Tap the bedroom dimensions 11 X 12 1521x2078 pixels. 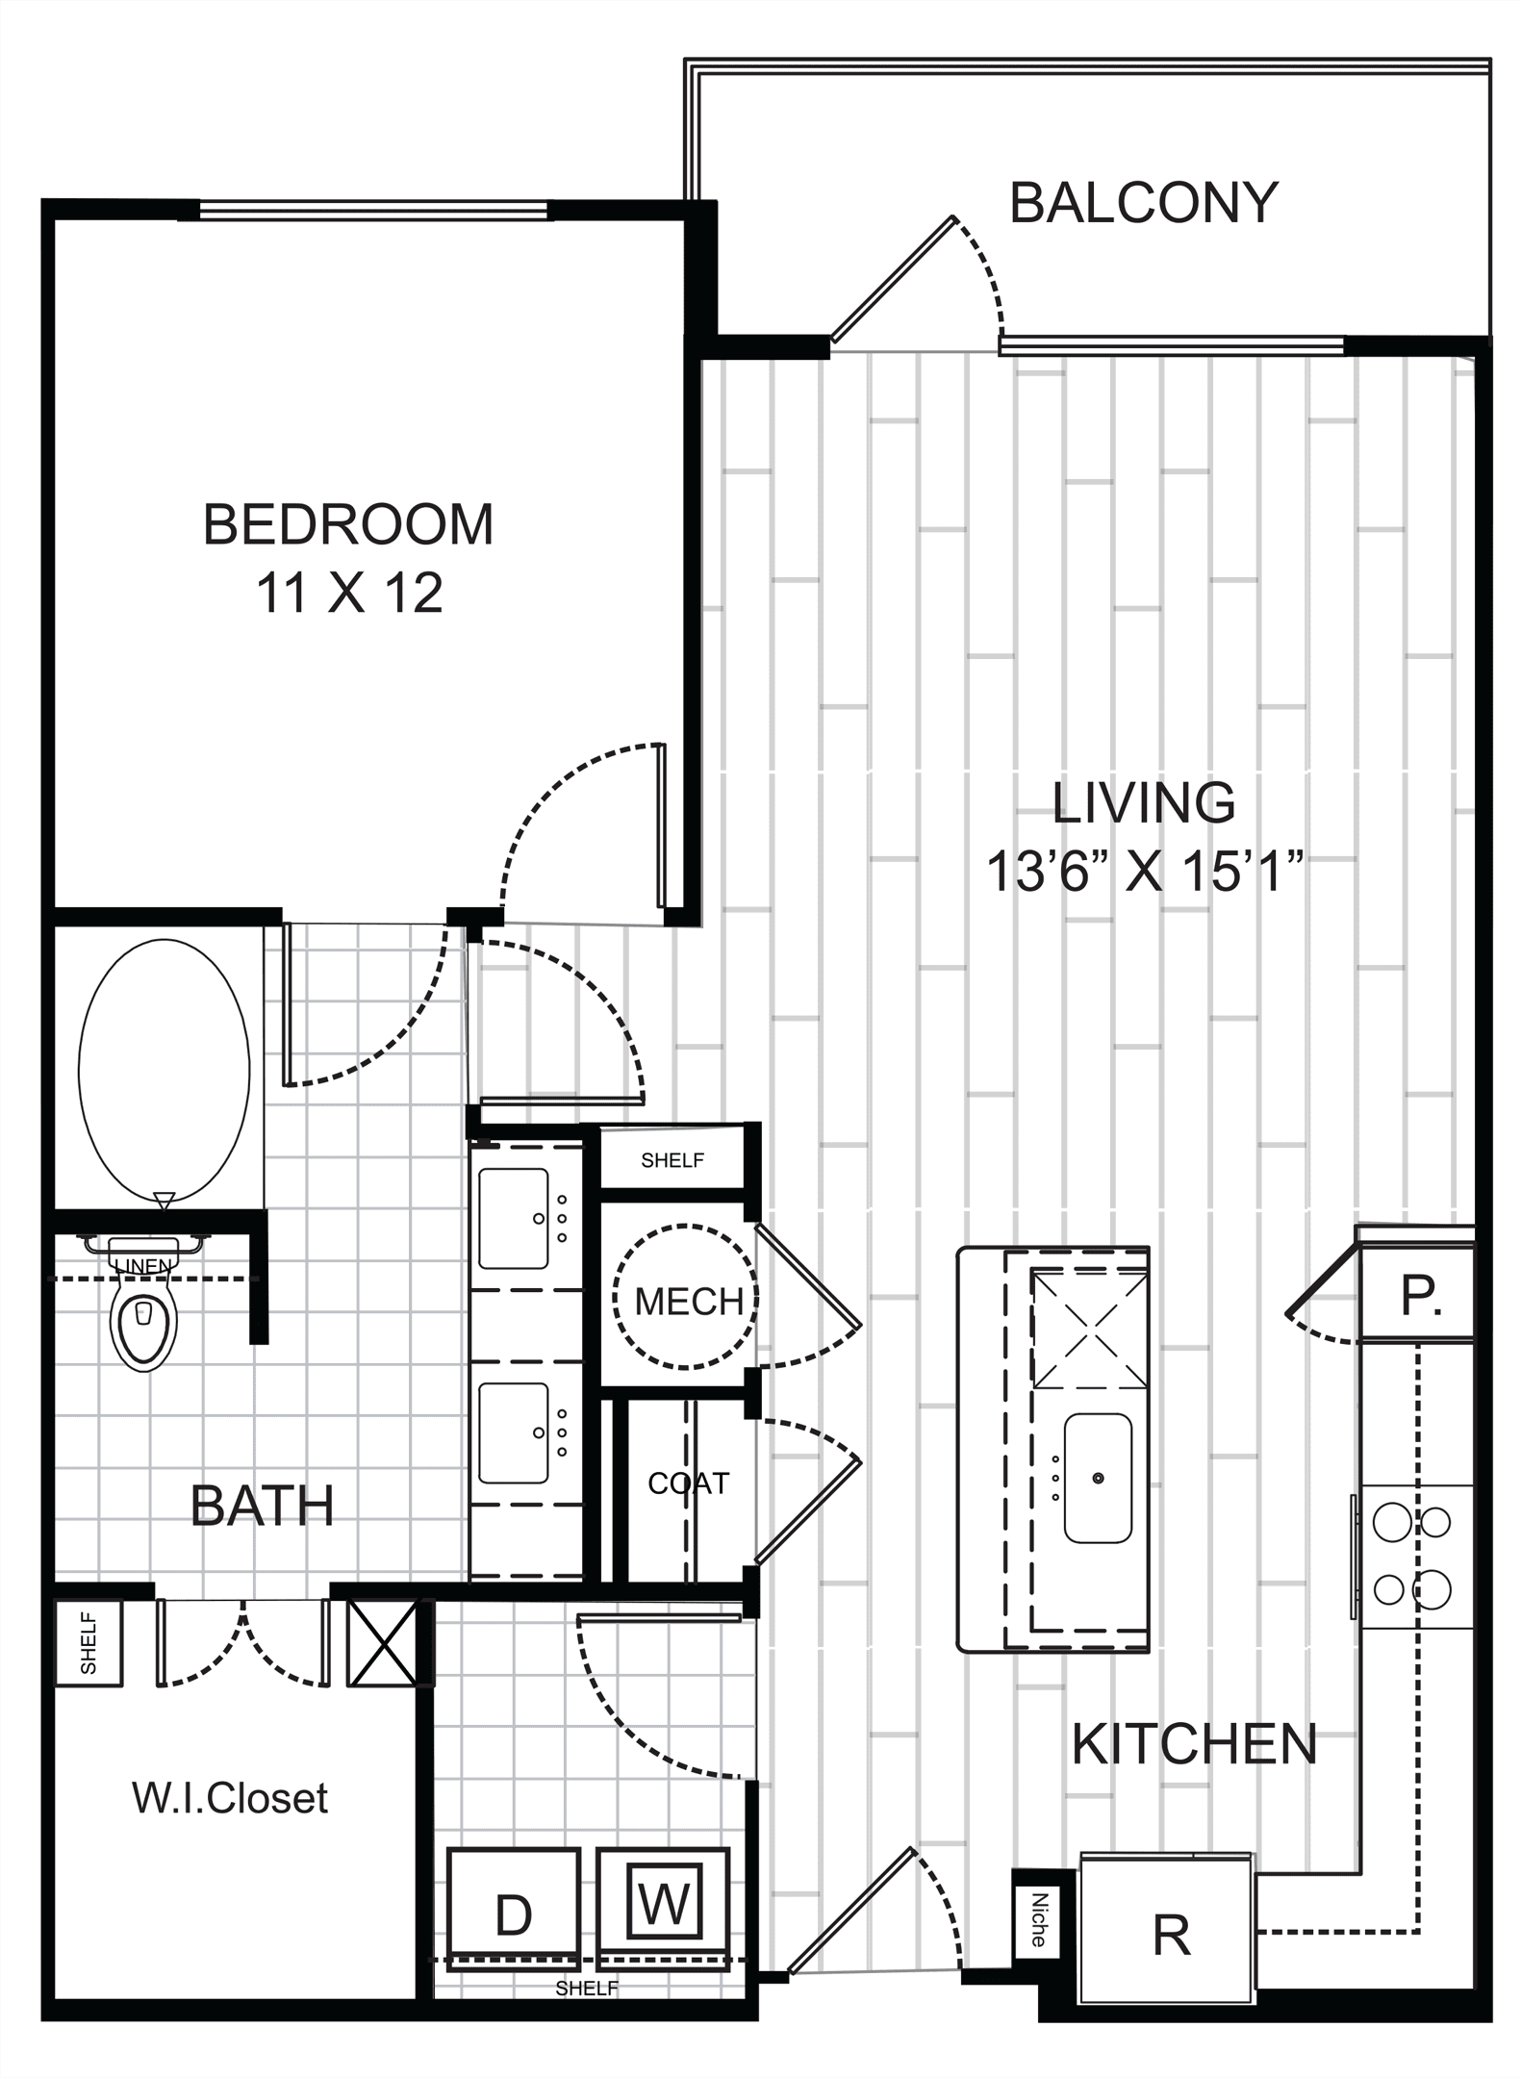tap(349, 593)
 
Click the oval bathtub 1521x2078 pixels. tap(164, 1071)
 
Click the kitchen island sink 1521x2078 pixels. tap(1097, 1478)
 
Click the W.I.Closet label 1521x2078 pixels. tap(230, 1797)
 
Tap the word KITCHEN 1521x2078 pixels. tap(1194, 1743)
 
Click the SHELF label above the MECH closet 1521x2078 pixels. tap(672, 1160)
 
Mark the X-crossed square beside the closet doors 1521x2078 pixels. tap(382, 1643)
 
